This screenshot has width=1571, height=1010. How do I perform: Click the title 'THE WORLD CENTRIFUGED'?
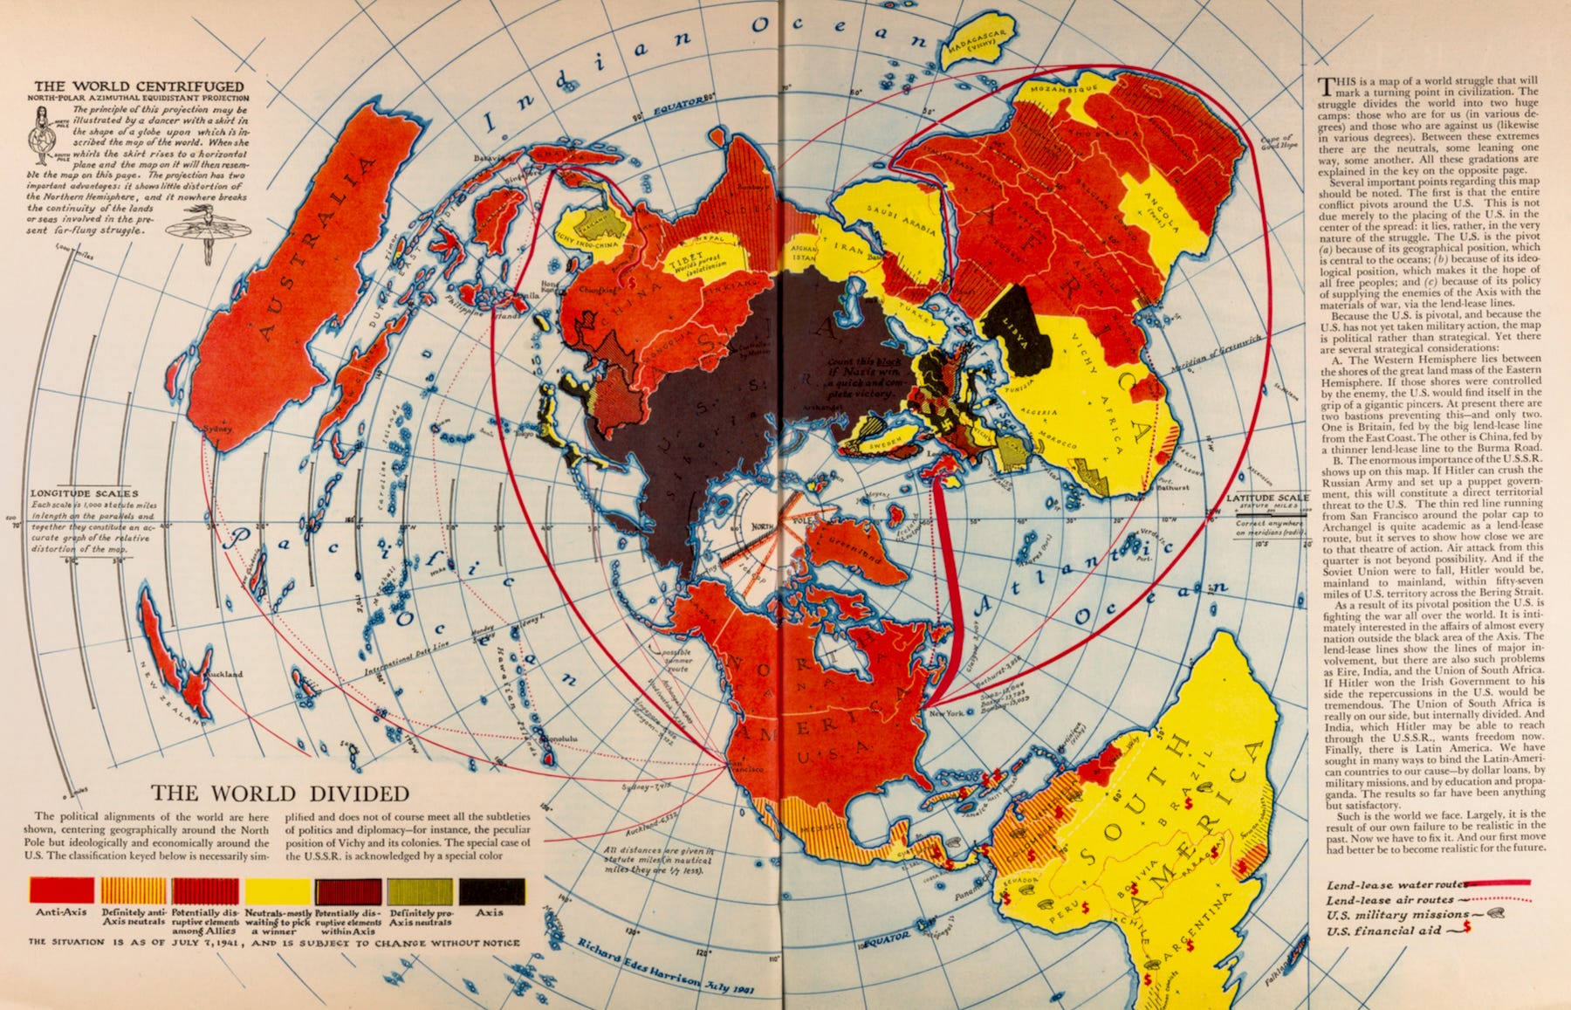click(x=140, y=86)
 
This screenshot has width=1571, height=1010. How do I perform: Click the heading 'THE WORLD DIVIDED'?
click(x=280, y=794)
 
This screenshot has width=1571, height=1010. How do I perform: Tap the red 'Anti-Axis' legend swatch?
click(x=61, y=890)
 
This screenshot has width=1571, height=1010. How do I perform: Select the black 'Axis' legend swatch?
click(x=492, y=890)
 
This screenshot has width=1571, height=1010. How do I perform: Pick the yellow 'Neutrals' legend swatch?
click(x=278, y=890)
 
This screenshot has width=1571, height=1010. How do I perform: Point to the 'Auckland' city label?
click(x=225, y=675)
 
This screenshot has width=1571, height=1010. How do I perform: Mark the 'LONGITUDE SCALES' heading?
click(x=84, y=494)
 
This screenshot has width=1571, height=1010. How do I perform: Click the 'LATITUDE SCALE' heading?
click(x=1267, y=498)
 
